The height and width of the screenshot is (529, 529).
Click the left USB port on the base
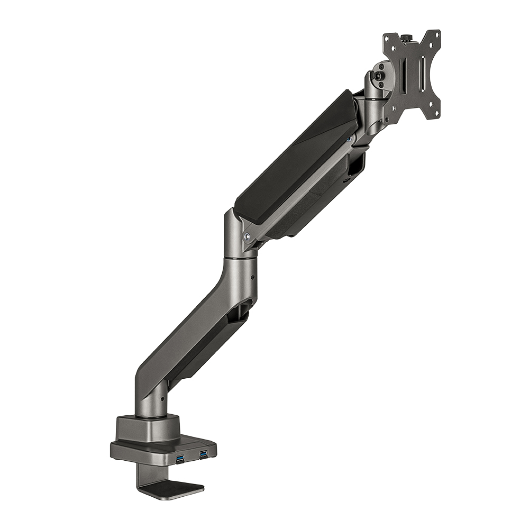[x=180, y=455]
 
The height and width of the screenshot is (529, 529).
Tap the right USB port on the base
[x=204, y=453]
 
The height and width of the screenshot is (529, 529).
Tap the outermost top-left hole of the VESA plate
[x=387, y=38]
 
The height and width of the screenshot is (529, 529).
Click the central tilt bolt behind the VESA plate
[x=378, y=76]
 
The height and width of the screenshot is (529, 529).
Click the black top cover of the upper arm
[x=296, y=153]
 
